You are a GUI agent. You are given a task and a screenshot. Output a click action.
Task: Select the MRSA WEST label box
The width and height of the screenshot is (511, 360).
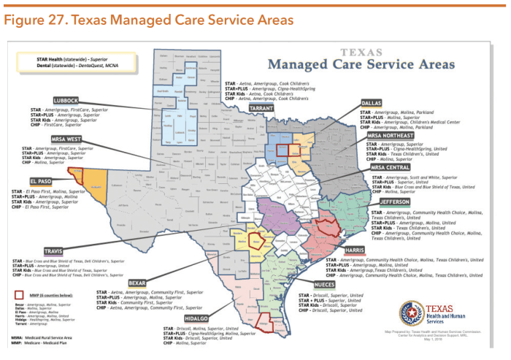66,139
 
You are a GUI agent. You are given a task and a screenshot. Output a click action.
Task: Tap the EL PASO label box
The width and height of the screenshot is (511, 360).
40,180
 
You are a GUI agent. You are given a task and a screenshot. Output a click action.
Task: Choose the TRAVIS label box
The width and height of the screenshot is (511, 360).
53,251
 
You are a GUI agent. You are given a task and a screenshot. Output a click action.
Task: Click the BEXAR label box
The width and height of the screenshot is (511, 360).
137,282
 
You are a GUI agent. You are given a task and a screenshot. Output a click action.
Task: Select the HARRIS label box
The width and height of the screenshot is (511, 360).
355,250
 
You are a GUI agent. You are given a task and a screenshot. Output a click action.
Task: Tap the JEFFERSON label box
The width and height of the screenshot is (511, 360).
394,201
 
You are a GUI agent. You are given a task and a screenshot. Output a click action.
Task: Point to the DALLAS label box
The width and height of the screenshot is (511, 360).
374,103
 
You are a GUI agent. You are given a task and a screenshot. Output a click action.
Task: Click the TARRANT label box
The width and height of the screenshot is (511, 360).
261,107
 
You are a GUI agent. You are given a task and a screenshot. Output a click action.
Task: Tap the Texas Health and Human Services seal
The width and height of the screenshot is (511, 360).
412,313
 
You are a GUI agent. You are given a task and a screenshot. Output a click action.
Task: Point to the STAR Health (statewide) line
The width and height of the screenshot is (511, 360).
84,56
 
